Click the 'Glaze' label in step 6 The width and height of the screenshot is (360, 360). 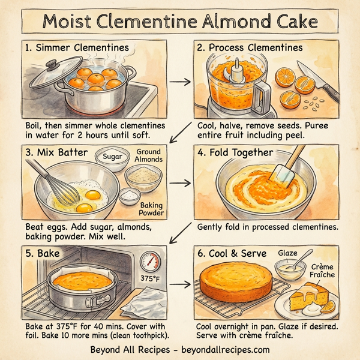[x=287, y=253]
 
